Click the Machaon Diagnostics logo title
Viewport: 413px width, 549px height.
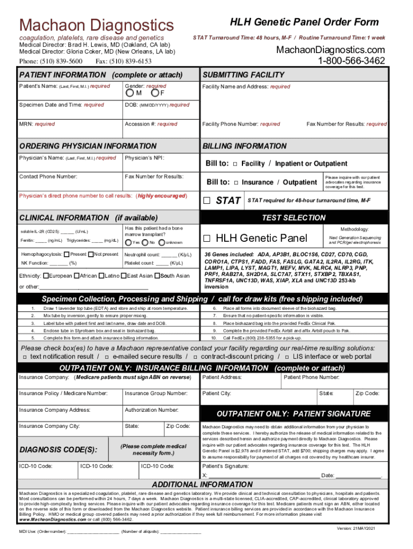97,25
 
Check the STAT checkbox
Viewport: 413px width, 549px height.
208,201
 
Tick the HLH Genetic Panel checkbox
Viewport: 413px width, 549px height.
208,238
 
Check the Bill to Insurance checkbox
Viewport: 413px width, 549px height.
236,182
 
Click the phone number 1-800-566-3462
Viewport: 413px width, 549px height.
351,61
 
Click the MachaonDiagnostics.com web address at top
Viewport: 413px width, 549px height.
330,50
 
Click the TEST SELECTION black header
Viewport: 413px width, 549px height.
293,217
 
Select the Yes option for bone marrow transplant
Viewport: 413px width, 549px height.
128,242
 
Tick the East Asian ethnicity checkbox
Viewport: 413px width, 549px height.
123,276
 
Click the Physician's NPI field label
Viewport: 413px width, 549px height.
144,158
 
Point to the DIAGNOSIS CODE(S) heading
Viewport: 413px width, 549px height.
58,449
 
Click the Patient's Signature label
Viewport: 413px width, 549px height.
225,466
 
